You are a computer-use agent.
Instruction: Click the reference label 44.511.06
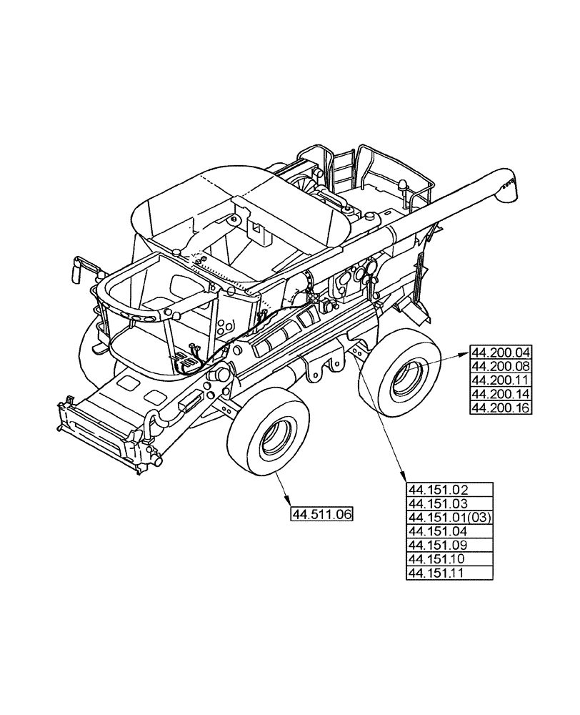tap(322, 515)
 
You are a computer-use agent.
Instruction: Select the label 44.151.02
tap(449, 490)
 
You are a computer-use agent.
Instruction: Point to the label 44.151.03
tap(449, 503)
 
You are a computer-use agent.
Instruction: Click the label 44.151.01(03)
tap(449, 518)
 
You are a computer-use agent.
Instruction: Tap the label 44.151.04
tap(449, 531)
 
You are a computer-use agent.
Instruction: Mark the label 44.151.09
tap(449, 546)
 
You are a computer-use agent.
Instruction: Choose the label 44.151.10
tap(449, 559)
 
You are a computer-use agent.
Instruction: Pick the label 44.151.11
tap(449, 573)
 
